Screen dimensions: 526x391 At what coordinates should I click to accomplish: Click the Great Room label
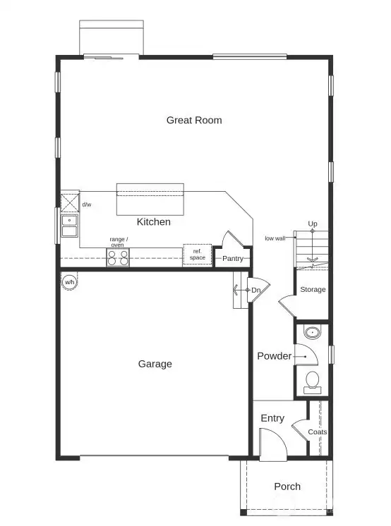point(194,120)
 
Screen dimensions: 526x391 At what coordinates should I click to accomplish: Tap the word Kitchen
point(153,221)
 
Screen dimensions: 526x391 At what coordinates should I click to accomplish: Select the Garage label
point(155,364)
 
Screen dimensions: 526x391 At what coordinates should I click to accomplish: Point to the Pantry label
point(232,259)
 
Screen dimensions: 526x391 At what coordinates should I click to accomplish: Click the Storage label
point(313,290)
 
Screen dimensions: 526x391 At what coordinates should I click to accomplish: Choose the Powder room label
point(274,356)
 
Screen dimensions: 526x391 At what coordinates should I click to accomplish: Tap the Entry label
point(272,418)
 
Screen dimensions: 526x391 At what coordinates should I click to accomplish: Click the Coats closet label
point(318,432)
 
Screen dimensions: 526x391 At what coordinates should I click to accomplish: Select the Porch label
point(287,487)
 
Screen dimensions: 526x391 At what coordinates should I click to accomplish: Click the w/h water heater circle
point(70,282)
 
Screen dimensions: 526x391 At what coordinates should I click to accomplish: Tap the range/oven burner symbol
point(118,257)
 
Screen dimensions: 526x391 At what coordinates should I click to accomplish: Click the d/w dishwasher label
point(87,204)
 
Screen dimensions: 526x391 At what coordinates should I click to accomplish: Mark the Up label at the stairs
point(312,224)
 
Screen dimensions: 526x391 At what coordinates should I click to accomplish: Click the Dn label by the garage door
point(255,290)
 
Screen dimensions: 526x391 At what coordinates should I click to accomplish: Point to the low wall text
point(275,238)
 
